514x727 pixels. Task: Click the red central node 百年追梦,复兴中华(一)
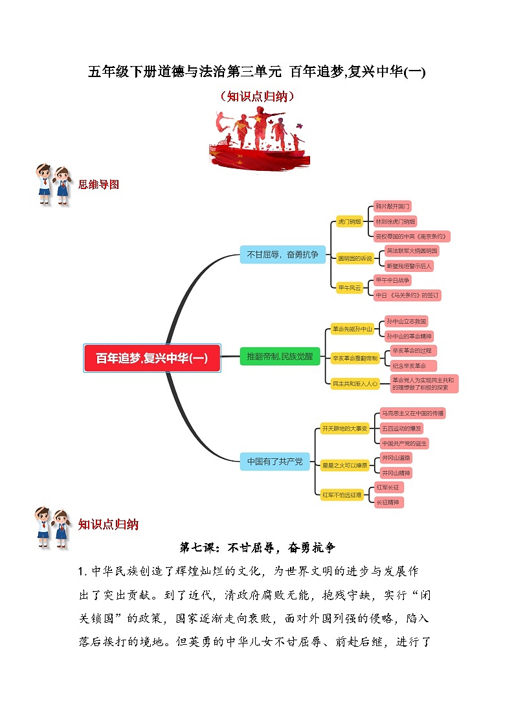click(152, 358)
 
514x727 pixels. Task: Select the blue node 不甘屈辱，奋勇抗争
click(282, 254)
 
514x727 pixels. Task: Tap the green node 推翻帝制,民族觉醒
click(280, 356)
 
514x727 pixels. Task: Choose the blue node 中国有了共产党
click(274, 462)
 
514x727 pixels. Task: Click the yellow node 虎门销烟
click(349, 221)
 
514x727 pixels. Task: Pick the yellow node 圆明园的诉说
click(355, 258)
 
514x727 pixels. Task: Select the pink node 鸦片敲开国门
click(393, 207)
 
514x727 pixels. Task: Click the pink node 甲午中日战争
click(393, 280)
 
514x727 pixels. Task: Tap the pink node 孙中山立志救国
click(406, 321)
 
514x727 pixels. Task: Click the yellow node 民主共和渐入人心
click(355, 383)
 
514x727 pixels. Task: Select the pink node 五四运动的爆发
click(401, 429)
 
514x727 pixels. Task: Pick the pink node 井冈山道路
click(396, 458)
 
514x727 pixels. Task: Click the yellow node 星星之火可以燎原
click(345, 465)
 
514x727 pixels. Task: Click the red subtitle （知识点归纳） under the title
click(257, 96)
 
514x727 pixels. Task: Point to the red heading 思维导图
click(98, 184)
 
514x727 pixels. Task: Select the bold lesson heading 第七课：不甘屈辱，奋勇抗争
click(257, 548)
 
